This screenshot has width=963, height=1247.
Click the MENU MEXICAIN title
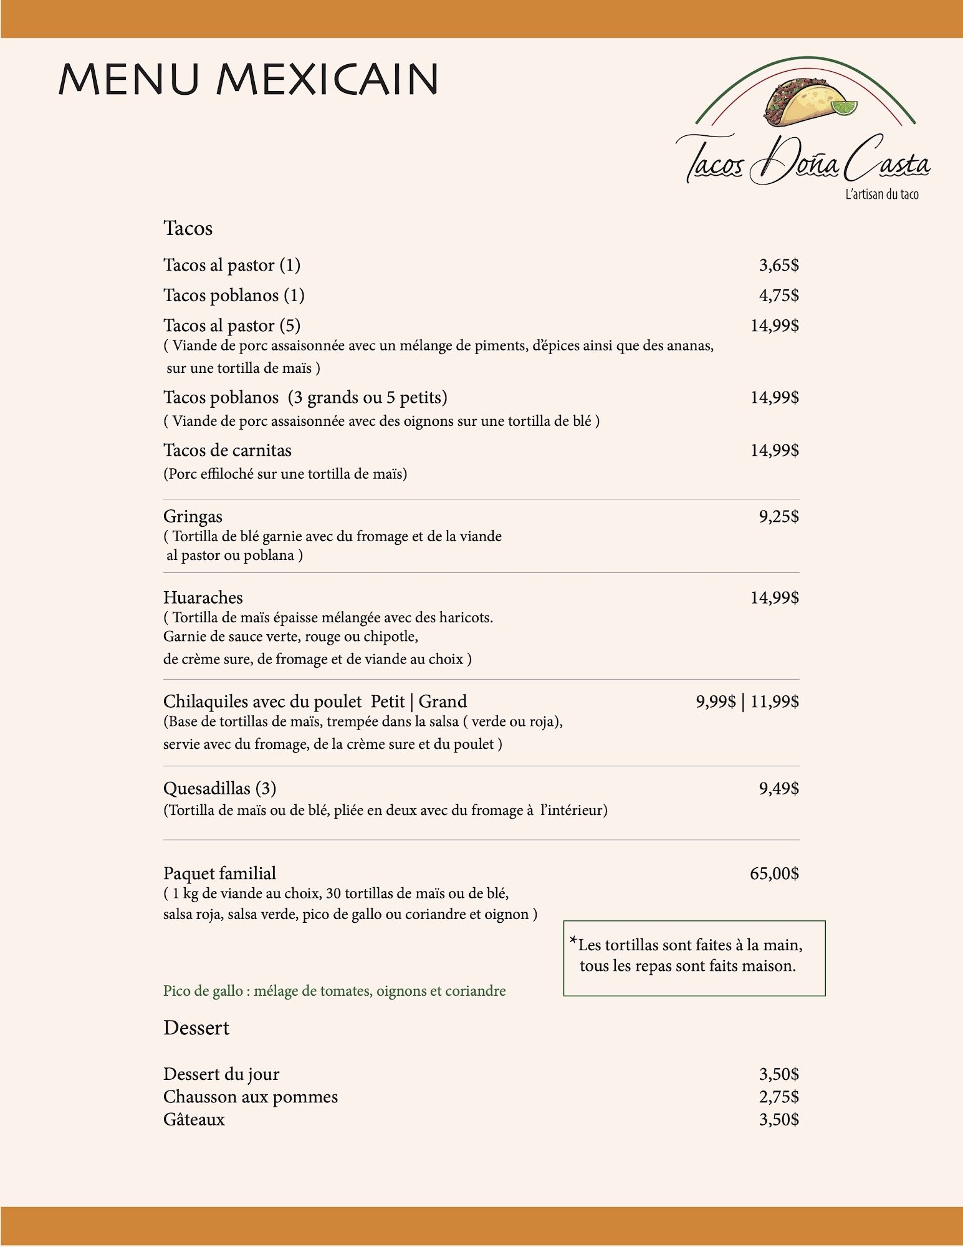tap(248, 79)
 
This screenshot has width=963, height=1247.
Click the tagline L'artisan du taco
tap(881, 195)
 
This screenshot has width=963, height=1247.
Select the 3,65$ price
tap(779, 266)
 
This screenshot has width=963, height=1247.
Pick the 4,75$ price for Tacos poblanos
tap(779, 296)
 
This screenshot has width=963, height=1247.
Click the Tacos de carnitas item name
tap(227, 450)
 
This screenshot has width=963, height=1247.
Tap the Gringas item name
tap(193, 516)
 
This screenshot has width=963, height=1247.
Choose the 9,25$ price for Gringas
tap(779, 516)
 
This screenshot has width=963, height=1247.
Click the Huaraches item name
tap(203, 597)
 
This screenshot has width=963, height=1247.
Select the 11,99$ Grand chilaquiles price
tap(774, 702)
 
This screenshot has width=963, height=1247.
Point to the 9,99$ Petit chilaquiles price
tap(716, 702)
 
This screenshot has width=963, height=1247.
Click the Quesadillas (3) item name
tap(219, 789)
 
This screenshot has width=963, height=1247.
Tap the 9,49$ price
tap(779, 789)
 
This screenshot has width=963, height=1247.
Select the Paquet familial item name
tap(219, 874)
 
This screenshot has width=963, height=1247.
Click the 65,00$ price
tap(774, 874)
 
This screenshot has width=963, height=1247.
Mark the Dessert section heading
tap(196, 1028)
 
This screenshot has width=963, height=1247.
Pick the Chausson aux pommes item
tap(250, 1097)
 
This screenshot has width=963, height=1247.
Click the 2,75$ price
tap(779, 1097)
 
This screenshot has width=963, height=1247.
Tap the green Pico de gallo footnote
tap(334, 991)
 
